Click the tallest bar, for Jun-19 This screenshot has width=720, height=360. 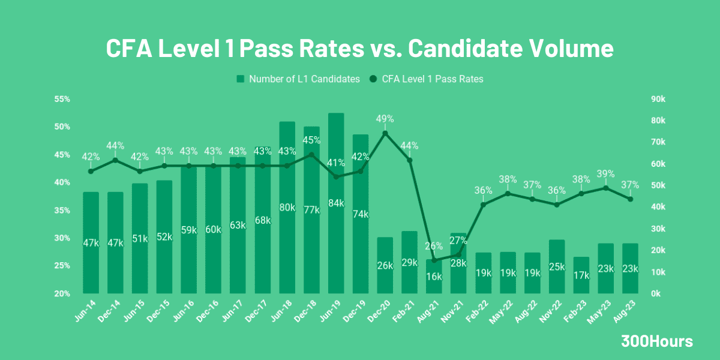pos(336,240)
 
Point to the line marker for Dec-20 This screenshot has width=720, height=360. pos(385,133)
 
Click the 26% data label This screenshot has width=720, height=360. pos(434,245)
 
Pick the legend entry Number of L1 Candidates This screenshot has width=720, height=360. pos(298,79)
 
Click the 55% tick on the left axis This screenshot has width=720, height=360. pos(62,99)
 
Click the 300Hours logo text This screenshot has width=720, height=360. pos(656,341)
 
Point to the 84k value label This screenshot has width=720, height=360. pos(336,203)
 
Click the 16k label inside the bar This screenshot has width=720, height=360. pos(434,277)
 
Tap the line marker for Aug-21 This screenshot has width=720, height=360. pos(434,260)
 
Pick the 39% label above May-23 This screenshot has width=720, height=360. pos(605,174)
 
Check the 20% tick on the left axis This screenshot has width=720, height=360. pos(62,293)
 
